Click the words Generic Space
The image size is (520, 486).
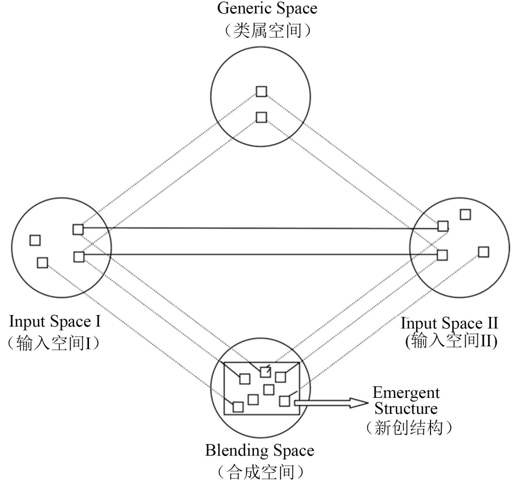tap(261, 8)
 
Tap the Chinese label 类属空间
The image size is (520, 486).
tap(261, 31)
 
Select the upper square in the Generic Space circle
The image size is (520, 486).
tap(261, 91)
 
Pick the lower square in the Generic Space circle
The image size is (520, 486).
tap(261, 117)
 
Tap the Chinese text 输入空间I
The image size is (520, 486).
tap(57, 343)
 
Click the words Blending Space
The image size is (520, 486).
tap(260, 451)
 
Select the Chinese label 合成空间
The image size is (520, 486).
tap(260, 471)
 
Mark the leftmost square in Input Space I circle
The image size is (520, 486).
tap(35, 240)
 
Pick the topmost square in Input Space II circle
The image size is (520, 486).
tap(465, 214)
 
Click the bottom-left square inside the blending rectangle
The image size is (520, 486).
tap(238, 407)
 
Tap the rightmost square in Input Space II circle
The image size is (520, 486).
tap(483, 252)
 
